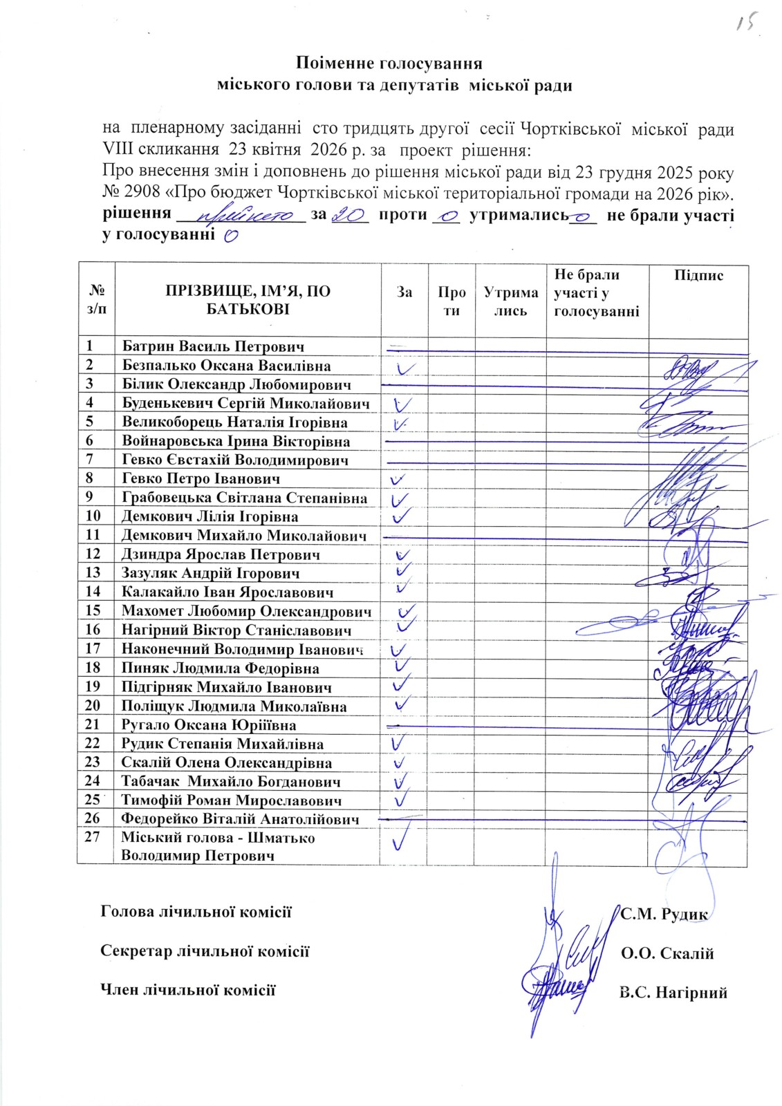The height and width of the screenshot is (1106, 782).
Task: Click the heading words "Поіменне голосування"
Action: [x=389, y=64]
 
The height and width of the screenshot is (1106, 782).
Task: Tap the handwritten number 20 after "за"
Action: [x=349, y=216]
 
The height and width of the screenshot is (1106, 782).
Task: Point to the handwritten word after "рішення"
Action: [x=246, y=216]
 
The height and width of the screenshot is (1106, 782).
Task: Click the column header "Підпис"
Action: [x=698, y=275]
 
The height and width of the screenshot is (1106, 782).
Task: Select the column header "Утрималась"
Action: [x=510, y=302]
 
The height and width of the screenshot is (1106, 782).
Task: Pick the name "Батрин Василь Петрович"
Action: [x=213, y=346]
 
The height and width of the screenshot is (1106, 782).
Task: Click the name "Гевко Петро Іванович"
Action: [x=201, y=478]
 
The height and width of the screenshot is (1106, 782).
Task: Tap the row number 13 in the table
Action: [x=93, y=572]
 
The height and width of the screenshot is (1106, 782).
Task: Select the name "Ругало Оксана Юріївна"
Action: [x=209, y=725]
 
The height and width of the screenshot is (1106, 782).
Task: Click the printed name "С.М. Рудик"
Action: [x=664, y=914]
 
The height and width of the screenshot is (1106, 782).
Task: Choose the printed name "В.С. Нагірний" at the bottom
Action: [x=673, y=993]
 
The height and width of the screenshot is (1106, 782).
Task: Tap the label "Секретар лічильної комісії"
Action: [x=205, y=951]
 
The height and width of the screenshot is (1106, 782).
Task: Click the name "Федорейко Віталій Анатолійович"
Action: [x=240, y=819]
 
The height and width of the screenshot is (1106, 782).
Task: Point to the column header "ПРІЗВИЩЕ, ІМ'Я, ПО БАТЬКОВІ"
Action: [x=248, y=300]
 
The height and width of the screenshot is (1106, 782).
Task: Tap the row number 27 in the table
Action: [x=93, y=837]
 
